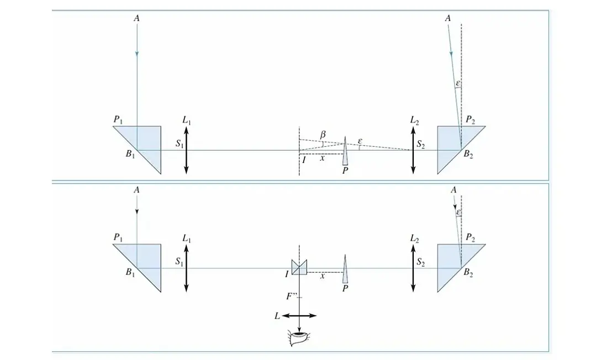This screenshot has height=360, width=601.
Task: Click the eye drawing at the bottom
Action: pos(299,338)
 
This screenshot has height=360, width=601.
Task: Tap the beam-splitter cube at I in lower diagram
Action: pos(299,267)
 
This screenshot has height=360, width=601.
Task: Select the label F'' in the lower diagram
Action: pos(291,296)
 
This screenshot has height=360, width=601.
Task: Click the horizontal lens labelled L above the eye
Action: pos(300,316)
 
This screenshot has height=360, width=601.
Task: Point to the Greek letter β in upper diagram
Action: pos(323,134)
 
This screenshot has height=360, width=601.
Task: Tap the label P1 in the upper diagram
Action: pos(118,120)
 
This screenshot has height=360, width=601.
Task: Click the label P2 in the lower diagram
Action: pos(470,238)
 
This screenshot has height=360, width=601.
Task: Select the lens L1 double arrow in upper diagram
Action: pos(186,150)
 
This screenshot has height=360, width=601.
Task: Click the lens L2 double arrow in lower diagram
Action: pos(413,268)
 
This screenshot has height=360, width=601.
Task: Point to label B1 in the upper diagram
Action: pos(130,155)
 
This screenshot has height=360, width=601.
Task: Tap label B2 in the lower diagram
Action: pos(468,273)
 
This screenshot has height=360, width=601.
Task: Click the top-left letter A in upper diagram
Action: pos(136,18)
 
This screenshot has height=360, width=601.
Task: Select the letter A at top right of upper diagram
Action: pos(447,18)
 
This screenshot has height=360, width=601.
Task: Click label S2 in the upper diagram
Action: pos(421,144)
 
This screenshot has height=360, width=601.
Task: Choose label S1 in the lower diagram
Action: pos(180,262)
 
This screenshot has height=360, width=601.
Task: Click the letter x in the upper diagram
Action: pos(322,158)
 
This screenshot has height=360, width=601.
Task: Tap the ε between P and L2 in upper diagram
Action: pos(360,141)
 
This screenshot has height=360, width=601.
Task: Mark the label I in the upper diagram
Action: pos(304,160)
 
